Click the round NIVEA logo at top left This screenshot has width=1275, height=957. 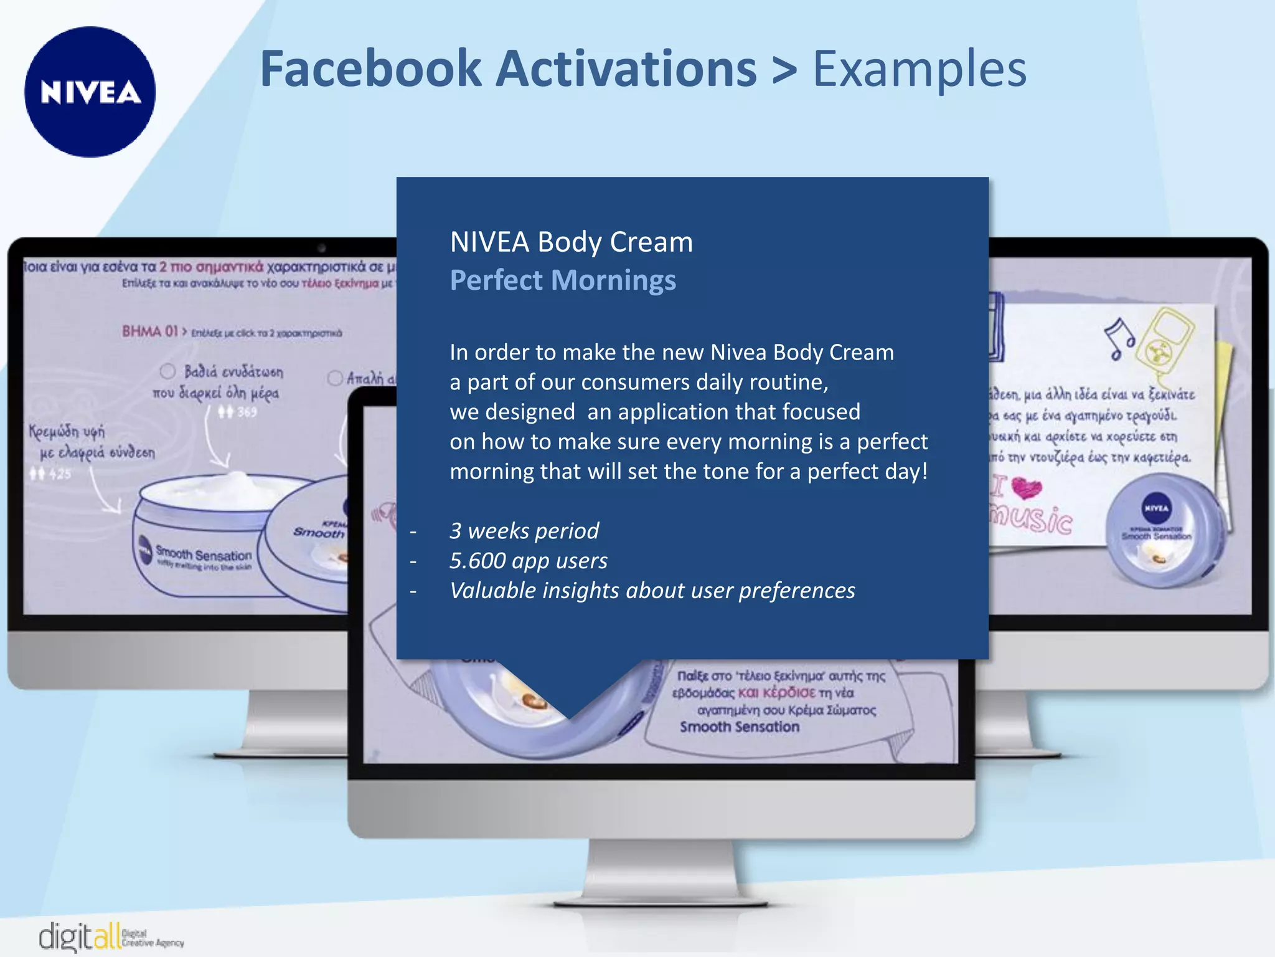click(x=90, y=92)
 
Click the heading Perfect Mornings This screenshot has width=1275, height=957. click(x=562, y=280)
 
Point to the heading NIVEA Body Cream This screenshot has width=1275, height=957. click(x=571, y=242)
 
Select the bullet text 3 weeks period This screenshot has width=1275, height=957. click(x=524, y=531)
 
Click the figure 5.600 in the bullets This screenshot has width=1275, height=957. click(x=478, y=561)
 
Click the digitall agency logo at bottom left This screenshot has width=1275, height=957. click(x=109, y=936)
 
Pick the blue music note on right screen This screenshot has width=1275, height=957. click(x=1119, y=338)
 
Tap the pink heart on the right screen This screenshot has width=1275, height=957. click(x=1026, y=487)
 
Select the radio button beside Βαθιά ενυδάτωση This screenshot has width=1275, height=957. click(x=167, y=371)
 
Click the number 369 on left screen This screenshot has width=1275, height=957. click(x=246, y=412)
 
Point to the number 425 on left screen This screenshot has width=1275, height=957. click(x=60, y=474)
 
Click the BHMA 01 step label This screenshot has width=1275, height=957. click(x=149, y=331)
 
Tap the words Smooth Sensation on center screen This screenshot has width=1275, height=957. click(x=739, y=727)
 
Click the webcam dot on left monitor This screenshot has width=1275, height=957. click(x=321, y=248)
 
